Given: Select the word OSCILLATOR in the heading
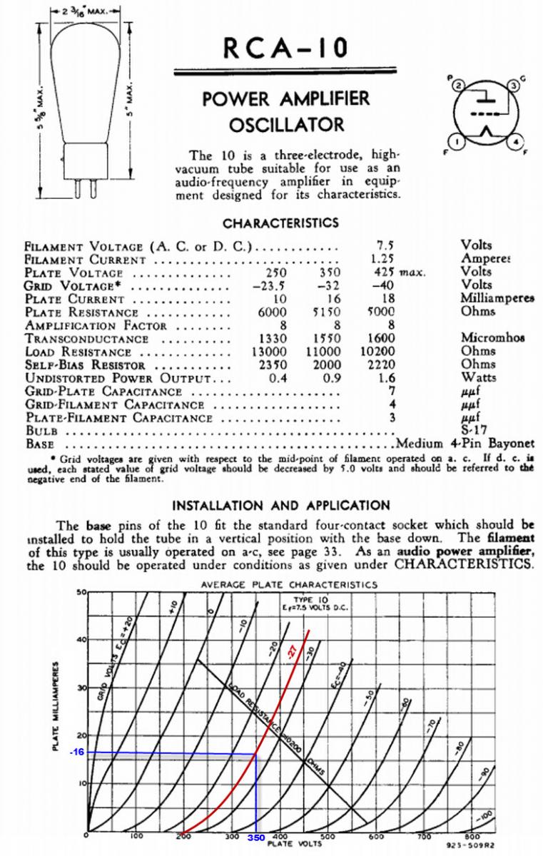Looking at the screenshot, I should click(x=286, y=126).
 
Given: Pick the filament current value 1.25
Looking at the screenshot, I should click(x=384, y=259).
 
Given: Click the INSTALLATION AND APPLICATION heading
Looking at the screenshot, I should click(x=280, y=506).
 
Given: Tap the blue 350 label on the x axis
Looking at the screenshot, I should click(x=256, y=837).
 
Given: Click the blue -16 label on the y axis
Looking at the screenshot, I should click(x=78, y=753).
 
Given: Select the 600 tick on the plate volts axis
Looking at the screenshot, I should click(x=376, y=835).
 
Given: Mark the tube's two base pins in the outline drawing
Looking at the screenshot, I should click(x=90, y=186).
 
